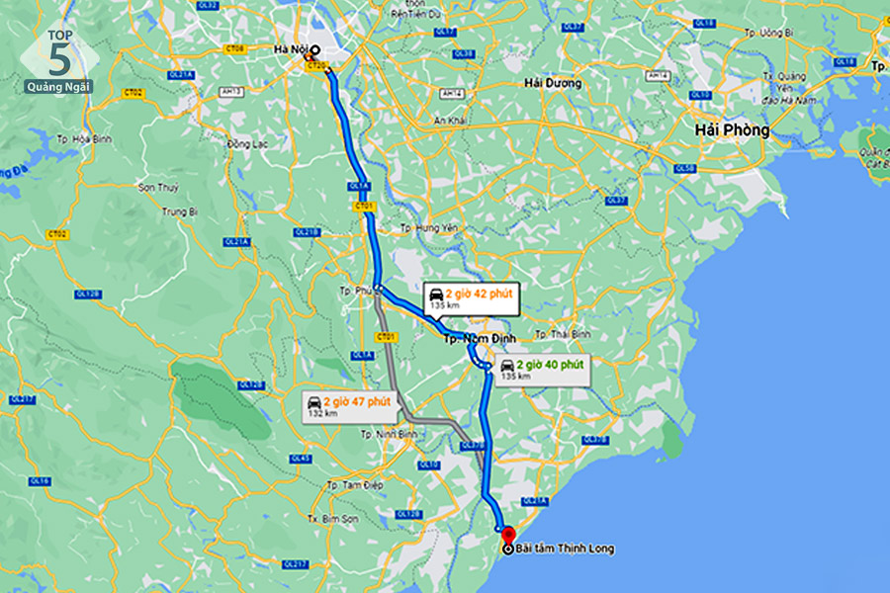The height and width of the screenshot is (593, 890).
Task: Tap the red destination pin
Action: [x=508, y=536]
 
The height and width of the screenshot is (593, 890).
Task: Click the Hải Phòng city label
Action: [x=731, y=129]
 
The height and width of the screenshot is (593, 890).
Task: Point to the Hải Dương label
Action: [x=553, y=83]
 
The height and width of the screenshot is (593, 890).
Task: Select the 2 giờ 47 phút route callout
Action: [x=347, y=405]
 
